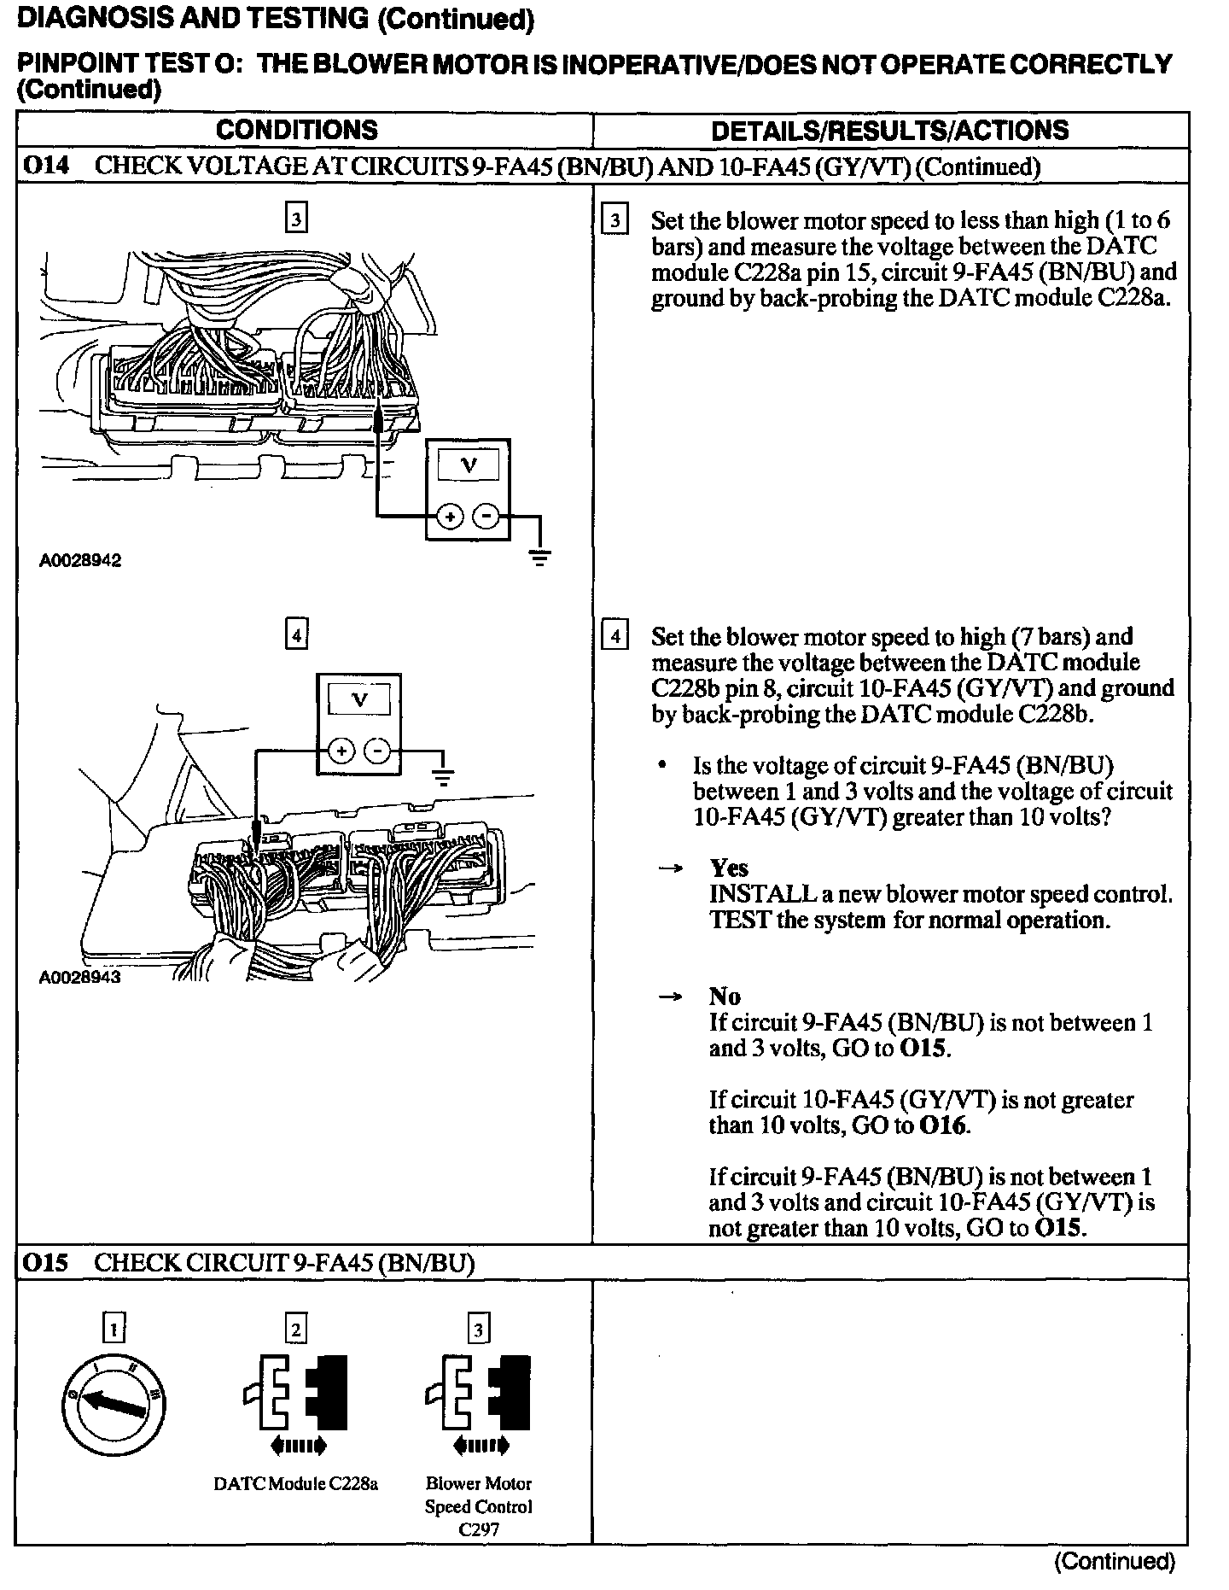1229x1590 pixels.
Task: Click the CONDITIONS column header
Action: [x=296, y=130]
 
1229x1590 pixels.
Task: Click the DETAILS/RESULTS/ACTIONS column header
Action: [x=889, y=130]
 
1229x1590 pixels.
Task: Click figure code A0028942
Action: [x=80, y=561]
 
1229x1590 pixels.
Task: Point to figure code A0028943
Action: [x=80, y=977]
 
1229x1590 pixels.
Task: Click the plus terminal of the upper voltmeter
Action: [x=450, y=516]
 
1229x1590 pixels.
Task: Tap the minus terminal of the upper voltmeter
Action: [x=486, y=516]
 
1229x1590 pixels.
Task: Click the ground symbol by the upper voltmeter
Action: [x=539, y=557]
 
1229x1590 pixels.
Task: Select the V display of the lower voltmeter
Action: [x=359, y=700]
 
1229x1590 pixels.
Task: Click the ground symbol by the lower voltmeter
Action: [x=442, y=775]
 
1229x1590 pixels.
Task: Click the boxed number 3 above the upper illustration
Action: [x=295, y=219]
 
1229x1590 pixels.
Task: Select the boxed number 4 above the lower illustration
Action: [x=295, y=634]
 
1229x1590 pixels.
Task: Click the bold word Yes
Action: [x=728, y=868]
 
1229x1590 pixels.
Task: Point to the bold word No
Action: [x=724, y=996]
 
